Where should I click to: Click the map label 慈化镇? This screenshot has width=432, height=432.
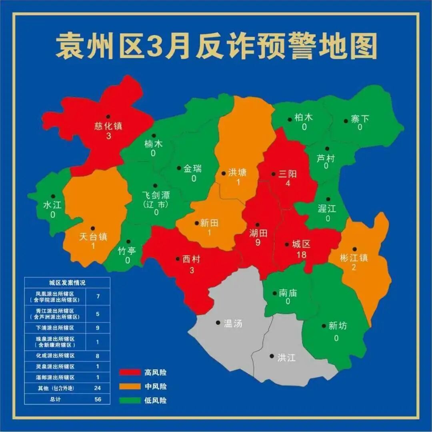(x=108, y=126)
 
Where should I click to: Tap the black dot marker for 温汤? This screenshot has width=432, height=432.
(x=218, y=322)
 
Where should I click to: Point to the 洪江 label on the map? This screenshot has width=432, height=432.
(x=286, y=357)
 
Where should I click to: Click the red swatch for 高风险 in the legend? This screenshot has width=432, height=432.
(x=130, y=372)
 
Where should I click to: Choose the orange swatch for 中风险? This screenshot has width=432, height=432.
(x=130, y=386)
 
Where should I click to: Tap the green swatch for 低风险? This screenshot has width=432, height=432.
(x=130, y=400)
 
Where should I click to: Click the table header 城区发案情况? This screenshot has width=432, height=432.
(x=67, y=282)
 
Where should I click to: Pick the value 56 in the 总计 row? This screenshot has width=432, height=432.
(x=98, y=399)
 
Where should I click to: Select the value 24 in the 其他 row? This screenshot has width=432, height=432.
(x=98, y=388)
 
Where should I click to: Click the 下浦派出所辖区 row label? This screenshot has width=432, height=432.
(x=55, y=328)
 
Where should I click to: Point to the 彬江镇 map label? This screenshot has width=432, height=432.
(x=354, y=258)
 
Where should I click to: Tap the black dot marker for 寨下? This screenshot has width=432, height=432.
(x=346, y=120)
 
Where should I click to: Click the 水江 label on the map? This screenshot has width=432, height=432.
(x=52, y=205)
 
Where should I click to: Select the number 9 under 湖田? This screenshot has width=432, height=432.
(x=258, y=242)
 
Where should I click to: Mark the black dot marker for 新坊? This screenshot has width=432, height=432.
(x=324, y=326)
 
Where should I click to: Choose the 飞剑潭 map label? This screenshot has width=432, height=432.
(x=156, y=195)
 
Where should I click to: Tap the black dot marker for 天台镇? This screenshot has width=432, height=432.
(x=93, y=228)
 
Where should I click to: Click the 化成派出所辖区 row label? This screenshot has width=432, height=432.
(x=55, y=355)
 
